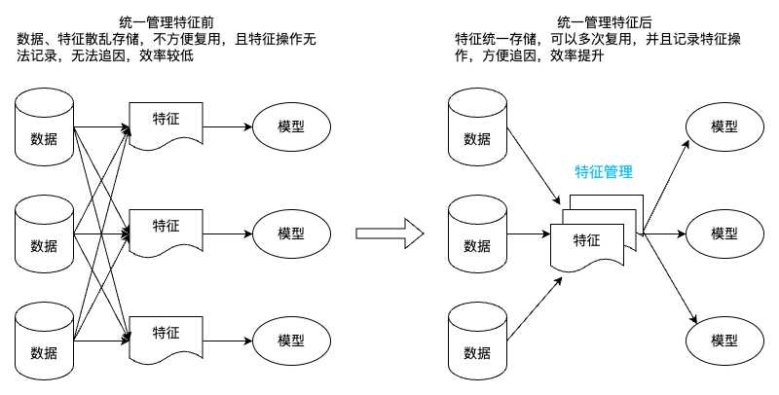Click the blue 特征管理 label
(x=604, y=172)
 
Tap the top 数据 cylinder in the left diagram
(x=44, y=126)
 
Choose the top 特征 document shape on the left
(x=165, y=125)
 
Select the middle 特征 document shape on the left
(x=165, y=232)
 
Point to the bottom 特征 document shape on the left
(x=165, y=338)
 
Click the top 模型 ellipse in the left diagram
(x=291, y=126)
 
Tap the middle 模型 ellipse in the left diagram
(x=291, y=233)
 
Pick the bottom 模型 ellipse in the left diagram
(x=291, y=341)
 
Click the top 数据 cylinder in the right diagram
(x=477, y=126)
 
